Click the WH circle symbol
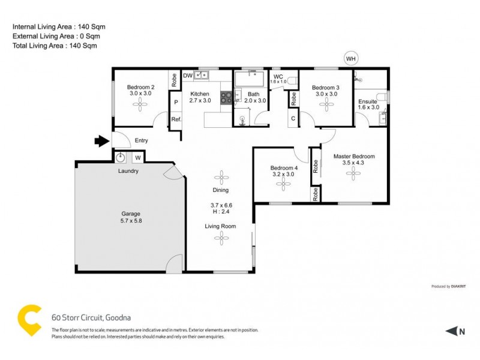(x=350, y=58)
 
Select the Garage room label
(x=130, y=216)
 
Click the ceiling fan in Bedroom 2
(x=141, y=106)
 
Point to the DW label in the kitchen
(x=187, y=76)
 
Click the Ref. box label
(x=176, y=119)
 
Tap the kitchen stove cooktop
(x=227, y=98)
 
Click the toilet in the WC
(x=292, y=80)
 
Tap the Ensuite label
(x=368, y=102)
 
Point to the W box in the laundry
(x=137, y=158)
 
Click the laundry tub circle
(x=121, y=158)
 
